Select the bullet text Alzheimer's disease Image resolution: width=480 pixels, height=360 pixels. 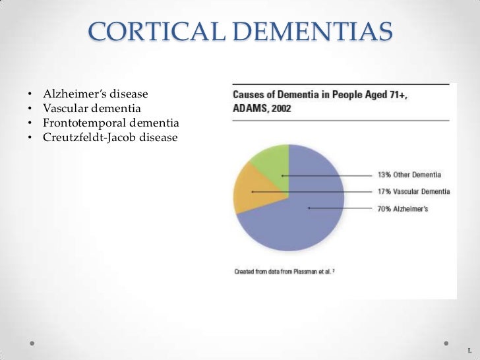coord(96,95)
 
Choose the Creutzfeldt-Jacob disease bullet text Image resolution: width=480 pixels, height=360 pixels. coord(110,137)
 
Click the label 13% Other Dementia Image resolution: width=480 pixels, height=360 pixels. coord(409,175)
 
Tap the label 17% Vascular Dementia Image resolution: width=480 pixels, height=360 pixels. coord(413,191)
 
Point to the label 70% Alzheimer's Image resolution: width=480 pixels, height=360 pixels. coord(402,208)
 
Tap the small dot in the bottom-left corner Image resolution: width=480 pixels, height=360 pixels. coord(32,344)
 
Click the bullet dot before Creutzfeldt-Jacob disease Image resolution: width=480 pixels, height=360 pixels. coord(30,138)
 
